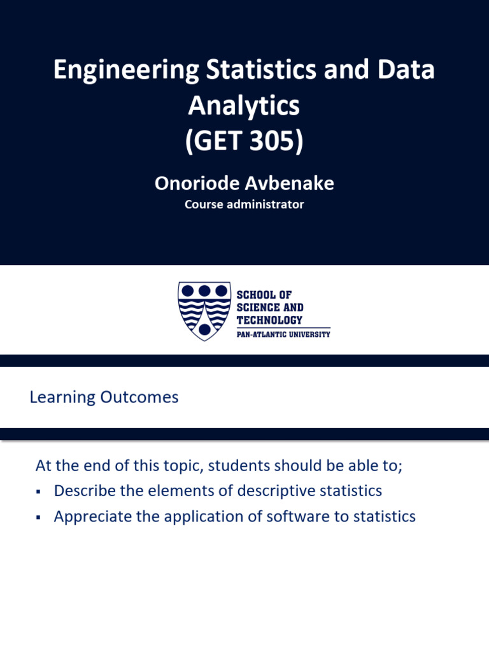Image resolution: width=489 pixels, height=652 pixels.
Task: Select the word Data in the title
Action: coord(404,70)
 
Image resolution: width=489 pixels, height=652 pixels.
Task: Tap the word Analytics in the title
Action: coord(244,106)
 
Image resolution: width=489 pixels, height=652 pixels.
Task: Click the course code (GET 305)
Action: coord(244,141)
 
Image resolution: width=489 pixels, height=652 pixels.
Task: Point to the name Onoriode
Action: coord(196,183)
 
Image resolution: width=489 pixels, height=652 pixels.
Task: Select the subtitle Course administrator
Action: coord(244,205)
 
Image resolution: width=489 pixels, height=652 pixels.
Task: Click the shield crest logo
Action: coord(204,310)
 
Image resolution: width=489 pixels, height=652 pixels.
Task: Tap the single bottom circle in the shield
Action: coord(204,329)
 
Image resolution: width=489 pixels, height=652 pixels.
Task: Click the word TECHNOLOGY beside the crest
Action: coord(269,320)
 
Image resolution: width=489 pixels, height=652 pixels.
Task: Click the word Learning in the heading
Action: coord(62,397)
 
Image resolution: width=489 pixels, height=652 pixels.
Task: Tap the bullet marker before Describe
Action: coord(39,492)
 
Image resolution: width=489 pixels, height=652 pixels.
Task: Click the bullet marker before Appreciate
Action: coord(39,518)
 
